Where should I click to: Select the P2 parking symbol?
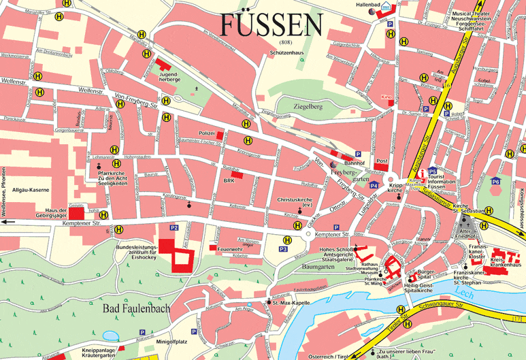[174, 228]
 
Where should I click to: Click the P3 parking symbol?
[283, 250]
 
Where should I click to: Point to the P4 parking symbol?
[373, 185]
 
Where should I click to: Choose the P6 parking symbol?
[495, 182]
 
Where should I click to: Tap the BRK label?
[229, 181]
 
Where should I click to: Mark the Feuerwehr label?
[231, 250]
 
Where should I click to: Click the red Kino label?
[387, 97]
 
